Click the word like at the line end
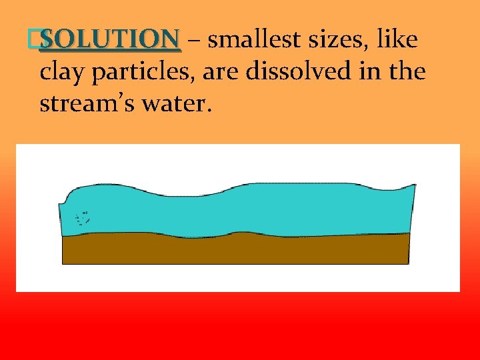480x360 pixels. [x=398, y=41]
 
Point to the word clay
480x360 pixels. [x=61, y=72]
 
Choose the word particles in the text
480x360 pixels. [x=134, y=72]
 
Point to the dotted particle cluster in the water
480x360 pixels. [x=83, y=217]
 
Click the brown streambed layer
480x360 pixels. [x=233, y=250]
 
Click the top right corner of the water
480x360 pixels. [x=415, y=185]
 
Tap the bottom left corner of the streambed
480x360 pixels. [x=63, y=263]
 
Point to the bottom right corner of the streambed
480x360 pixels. [x=407, y=263]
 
